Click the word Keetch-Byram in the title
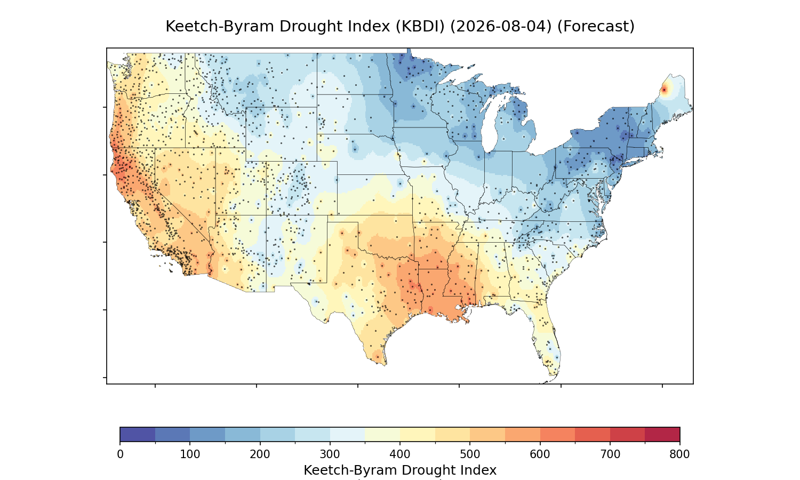[x=221, y=27]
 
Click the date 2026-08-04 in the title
[x=501, y=27]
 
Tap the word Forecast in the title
[x=596, y=27]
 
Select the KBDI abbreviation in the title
[x=420, y=27]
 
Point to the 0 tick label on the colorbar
[x=121, y=454]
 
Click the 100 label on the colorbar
[x=190, y=454]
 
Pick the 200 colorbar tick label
[x=260, y=454]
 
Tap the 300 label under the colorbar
[x=330, y=454]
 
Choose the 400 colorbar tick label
[x=400, y=454]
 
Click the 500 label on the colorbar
[x=470, y=454]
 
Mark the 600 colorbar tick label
[x=540, y=454]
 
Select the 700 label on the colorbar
[x=610, y=454]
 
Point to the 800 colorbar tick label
[x=679, y=454]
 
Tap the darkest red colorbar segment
[x=662, y=434]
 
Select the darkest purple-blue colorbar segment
[x=138, y=434]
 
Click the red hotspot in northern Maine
[x=664, y=90]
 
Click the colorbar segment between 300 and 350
[x=348, y=434]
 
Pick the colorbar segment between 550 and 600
[x=523, y=434]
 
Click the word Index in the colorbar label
[x=478, y=470]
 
